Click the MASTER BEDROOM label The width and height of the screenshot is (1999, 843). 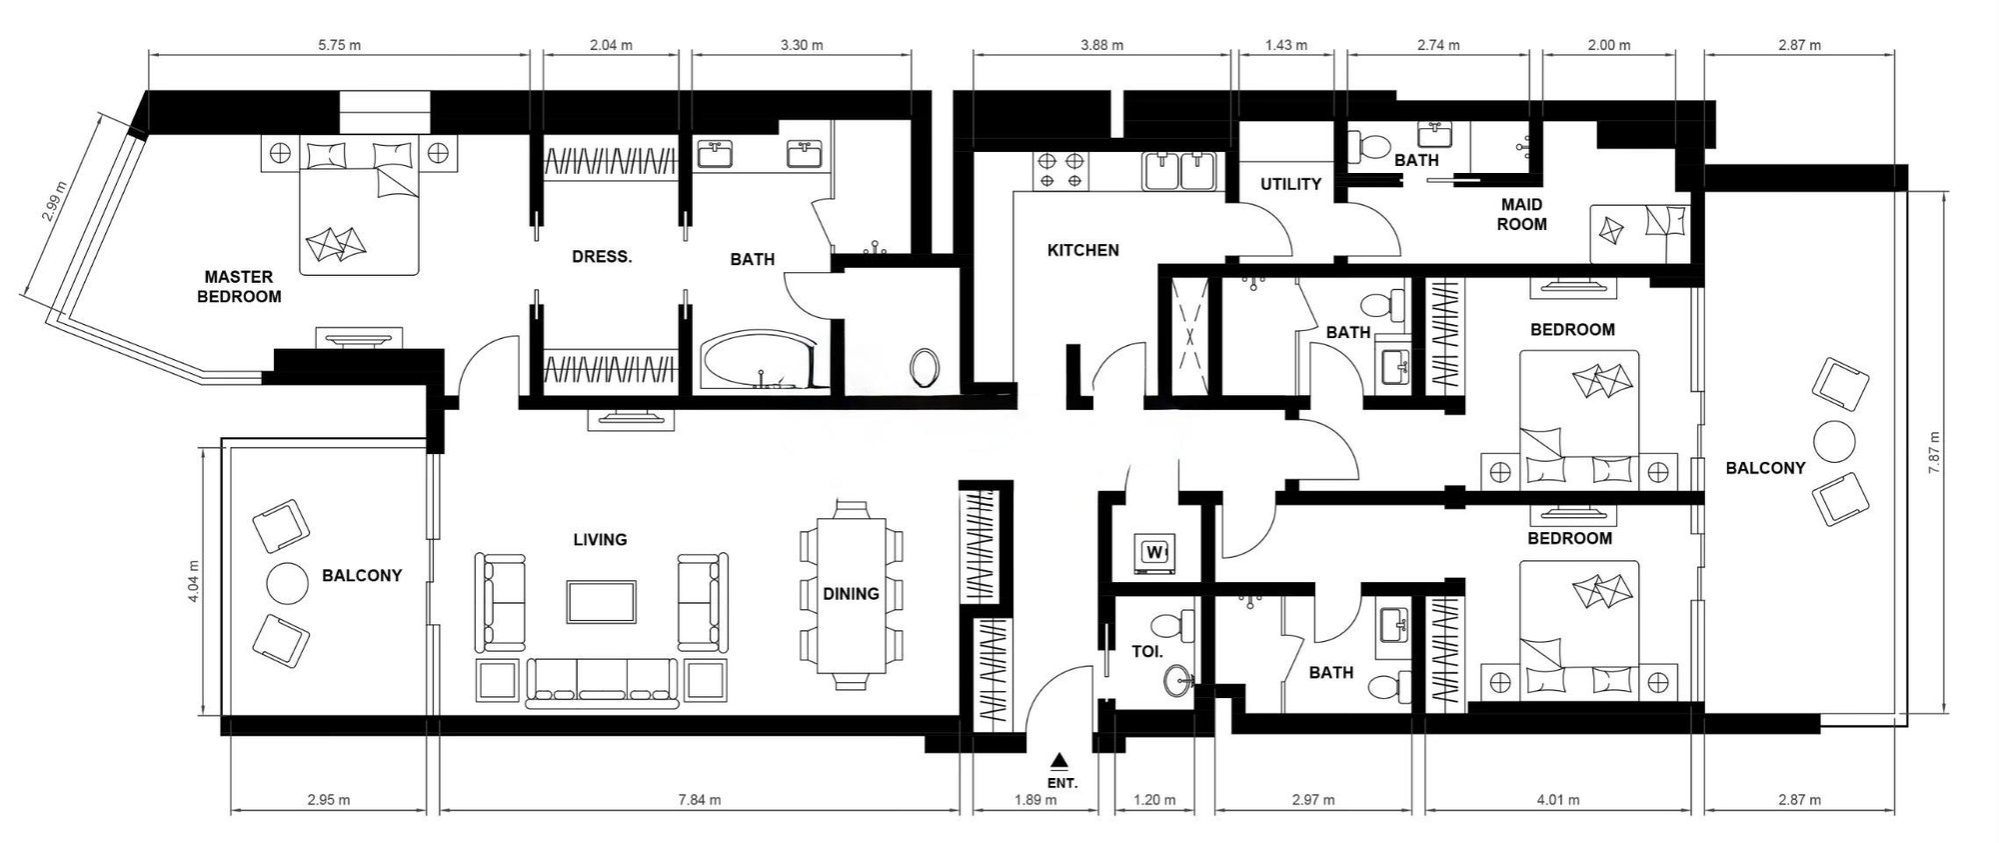pyautogui.click(x=239, y=287)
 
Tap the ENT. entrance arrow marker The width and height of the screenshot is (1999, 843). pyautogui.click(x=1060, y=760)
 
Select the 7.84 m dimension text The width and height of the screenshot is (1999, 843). pyautogui.click(x=699, y=800)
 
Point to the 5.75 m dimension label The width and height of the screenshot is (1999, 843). pyautogui.click(x=339, y=45)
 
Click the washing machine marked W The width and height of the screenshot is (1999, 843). pyautogui.click(x=1155, y=553)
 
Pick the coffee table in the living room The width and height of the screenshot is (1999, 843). pyautogui.click(x=601, y=602)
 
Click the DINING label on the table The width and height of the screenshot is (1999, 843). pyautogui.click(x=851, y=594)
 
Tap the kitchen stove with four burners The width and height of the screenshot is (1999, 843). pyautogui.click(x=1061, y=170)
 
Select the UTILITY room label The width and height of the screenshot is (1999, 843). pyautogui.click(x=1290, y=184)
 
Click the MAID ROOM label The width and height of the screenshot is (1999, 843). pyautogui.click(x=1521, y=214)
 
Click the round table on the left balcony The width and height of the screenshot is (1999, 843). pyautogui.click(x=286, y=584)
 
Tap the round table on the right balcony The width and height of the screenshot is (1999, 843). pyautogui.click(x=1834, y=441)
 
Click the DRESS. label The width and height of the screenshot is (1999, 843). pyautogui.click(x=602, y=257)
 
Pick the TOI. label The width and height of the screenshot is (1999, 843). pyautogui.click(x=1146, y=652)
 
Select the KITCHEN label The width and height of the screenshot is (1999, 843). pyautogui.click(x=1082, y=250)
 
